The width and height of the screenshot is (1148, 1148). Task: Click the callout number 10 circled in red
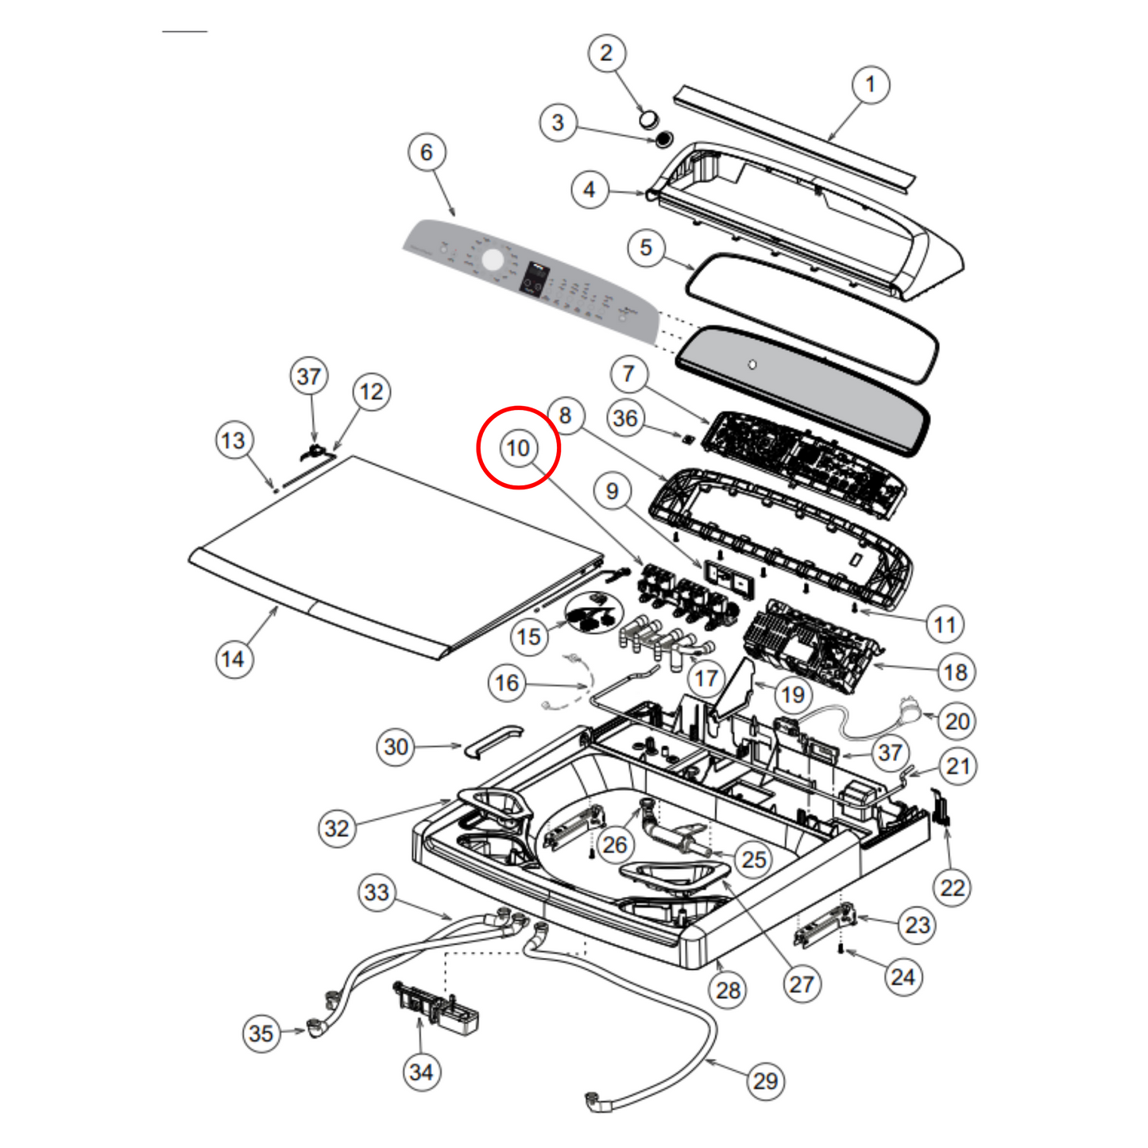[x=518, y=448]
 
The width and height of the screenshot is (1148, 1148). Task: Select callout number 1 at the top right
[x=870, y=84]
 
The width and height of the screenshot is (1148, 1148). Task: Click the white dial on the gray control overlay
[x=493, y=260]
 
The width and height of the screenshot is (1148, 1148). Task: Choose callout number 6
[x=427, y=152]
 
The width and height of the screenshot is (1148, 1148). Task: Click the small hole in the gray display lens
[x=752, y=365]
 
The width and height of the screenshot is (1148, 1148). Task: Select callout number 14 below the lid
[x=233, y=659]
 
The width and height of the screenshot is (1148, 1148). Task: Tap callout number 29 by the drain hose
[x=765, y=1080]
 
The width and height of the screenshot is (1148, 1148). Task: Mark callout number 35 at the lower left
[x=261, y=1034]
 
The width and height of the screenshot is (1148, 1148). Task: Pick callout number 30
[x=396, y=747]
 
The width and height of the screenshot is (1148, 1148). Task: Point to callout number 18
[x=955, y=672]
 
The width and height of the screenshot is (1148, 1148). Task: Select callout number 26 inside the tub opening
[x=614, y=845]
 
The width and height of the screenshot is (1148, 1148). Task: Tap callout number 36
[x=625, y=418]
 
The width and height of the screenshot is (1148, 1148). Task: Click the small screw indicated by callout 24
[x=841, y=949]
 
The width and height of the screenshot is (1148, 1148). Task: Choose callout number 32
[x=337, y=829]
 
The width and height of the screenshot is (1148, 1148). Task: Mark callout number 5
[x=646, y=247]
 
